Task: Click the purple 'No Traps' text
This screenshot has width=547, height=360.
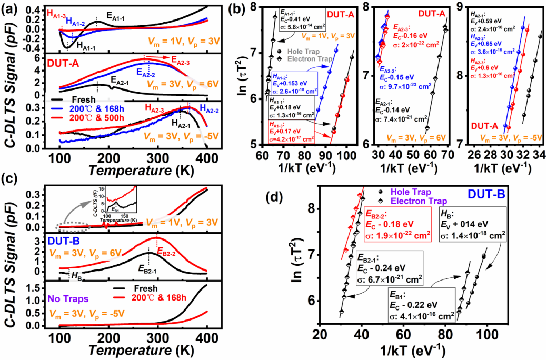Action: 69,298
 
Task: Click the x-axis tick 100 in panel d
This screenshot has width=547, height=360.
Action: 487,335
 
